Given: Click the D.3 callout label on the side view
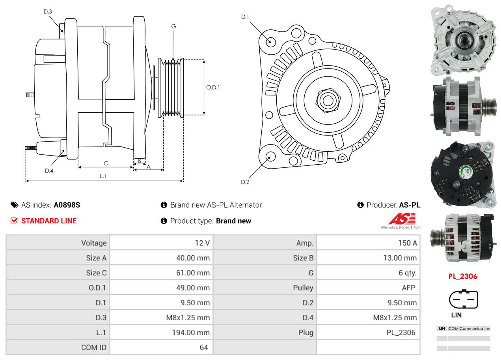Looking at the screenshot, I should pos(48,11).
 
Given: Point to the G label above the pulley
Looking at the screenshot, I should pos(173,26).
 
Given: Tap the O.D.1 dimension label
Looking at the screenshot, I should pos(213,87).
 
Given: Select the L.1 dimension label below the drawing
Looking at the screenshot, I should pos(103,176).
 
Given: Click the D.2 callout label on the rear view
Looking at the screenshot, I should pos(245,182).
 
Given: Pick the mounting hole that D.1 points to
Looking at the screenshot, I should pos(270,41).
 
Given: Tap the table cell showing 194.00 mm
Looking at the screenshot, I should pos(191,332).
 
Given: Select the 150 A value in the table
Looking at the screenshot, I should pos(407,243).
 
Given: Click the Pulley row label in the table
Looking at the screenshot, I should pos(303,288).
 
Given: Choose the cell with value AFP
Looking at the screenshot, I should pos(408,288).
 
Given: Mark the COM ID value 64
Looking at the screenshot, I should pos(203,347).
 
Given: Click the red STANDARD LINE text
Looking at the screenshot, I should pos(49,221).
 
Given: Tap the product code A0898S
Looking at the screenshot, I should pos(67,205).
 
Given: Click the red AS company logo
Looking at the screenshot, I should pos(402,219).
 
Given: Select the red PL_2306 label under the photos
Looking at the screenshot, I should pos(462,276).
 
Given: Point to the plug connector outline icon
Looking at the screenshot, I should pos(463,299).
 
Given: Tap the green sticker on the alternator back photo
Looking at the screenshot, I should pos(466,172).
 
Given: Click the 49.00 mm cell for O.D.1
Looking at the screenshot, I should pos(193,288).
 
